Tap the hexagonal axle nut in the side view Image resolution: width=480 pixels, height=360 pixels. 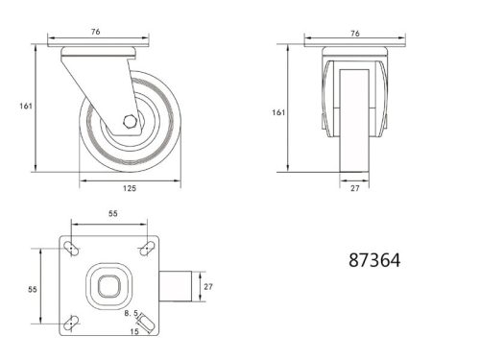click(x=130, y=122)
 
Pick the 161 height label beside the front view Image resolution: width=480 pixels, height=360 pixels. click(x=279, y=112)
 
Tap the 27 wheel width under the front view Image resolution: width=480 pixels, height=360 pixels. click(x=355, y=188)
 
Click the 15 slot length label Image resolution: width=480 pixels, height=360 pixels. click(x=134, y=331)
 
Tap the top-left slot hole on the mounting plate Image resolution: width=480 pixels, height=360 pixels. click(x=71, y=249)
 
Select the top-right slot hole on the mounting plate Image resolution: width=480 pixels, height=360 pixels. click(x=145, y=249)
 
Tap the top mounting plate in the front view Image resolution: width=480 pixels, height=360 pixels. click(x=355, y=46)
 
